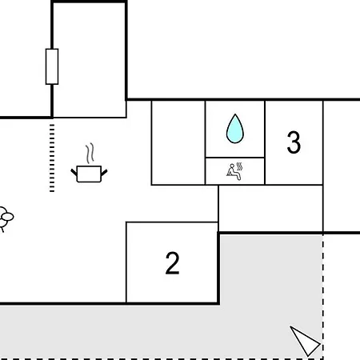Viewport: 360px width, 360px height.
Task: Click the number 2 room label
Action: click(x=172, y=263)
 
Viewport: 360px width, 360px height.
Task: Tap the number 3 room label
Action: click(x=294, y=142)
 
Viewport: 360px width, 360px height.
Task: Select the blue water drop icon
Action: click(x=235, y=129)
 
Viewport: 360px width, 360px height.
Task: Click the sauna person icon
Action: click(x=233, y=172)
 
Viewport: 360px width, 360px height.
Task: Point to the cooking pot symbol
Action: click(x=89, y=174)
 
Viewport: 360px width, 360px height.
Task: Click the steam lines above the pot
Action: click(x=90, y=153)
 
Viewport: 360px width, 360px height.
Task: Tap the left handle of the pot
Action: click(x=74, y=172)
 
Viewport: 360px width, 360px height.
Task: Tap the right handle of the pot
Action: click(x=104, y=173)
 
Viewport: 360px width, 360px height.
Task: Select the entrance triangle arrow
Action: click(x=305, y=341)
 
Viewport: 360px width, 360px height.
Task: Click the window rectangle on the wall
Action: click(x=52, y=66)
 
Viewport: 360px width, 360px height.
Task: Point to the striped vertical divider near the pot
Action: click(x=52, y=158)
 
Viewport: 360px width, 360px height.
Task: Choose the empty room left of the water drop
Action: click(x=178, y=142)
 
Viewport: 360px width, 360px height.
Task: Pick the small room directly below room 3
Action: click(x=270, y=209)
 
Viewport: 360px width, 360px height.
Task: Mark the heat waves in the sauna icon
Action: click(x=239, y=166)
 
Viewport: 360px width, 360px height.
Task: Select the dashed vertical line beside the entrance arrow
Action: click(x=323, y=297)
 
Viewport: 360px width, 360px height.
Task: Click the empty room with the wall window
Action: click(x=89, y=60)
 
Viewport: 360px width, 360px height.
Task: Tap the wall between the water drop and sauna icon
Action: click(x=235, y=158)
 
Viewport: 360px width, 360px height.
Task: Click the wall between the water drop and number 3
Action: click(x=265, y=142)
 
